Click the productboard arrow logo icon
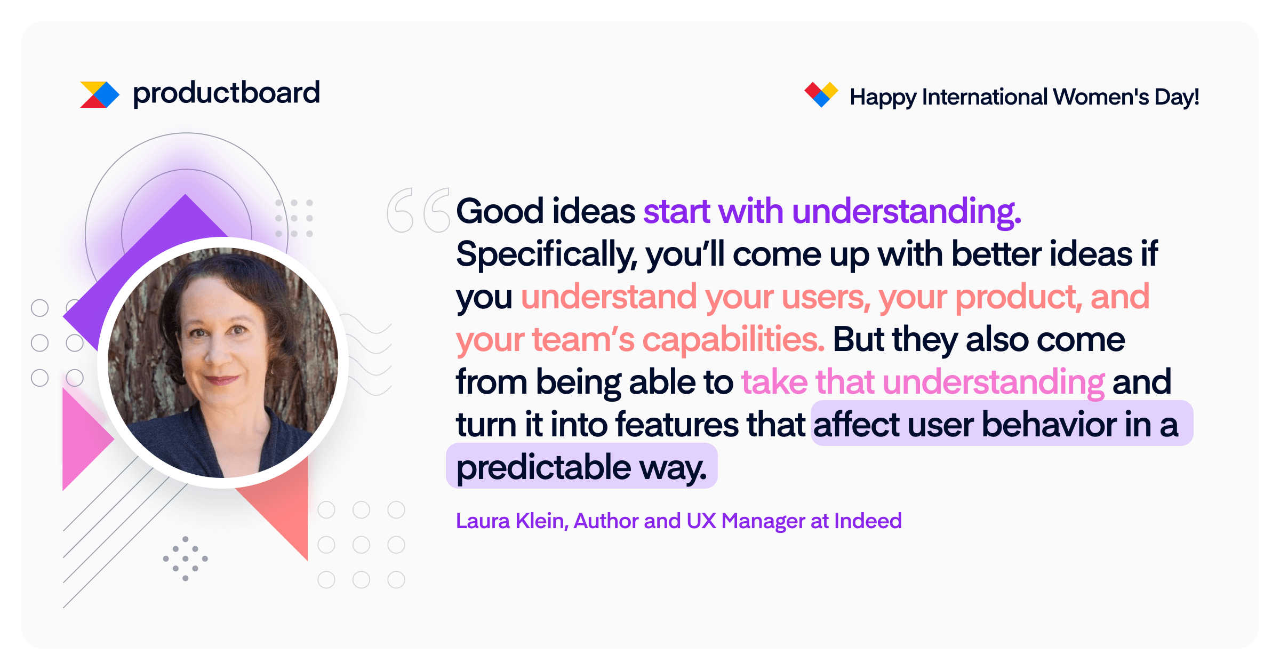100,94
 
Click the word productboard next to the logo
226,93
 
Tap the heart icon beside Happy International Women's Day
821,94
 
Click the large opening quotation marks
419,210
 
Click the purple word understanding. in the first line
907,212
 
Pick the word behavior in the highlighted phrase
1049,425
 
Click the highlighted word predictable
544,468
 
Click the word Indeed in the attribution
868,521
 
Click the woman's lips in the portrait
222,380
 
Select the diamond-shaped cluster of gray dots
185,559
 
